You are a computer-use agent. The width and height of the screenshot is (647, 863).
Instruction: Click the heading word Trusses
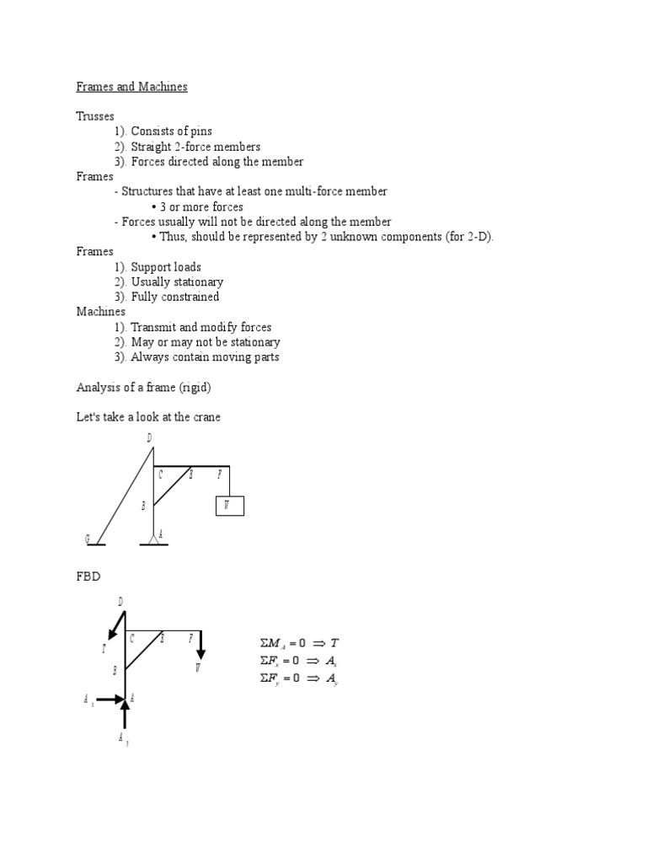coord(95,116)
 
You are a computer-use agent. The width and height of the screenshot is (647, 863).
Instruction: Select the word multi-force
coord(319,191)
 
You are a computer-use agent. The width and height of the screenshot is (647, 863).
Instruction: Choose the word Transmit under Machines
coord(155,327)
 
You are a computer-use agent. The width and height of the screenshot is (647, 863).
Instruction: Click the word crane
coord(204,417)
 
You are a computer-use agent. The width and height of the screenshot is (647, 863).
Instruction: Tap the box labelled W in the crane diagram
coord(229,506)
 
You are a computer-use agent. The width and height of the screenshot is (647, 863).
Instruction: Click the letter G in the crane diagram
coord(87,538)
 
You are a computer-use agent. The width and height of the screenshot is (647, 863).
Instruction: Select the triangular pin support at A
coord(152,538)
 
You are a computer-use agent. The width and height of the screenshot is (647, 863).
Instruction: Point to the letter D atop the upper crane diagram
coord(149,437)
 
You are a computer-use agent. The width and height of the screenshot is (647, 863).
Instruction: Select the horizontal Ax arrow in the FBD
coord(110,699)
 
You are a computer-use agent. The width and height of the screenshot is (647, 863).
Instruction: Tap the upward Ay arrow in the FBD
coord(126,714)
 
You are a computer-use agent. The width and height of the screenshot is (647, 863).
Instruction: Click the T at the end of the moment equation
coord(334,642)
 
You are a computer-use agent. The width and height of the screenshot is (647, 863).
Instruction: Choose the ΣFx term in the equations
coord(270,661)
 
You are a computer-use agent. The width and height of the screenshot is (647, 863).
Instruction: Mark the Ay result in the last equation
coord(332,679)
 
